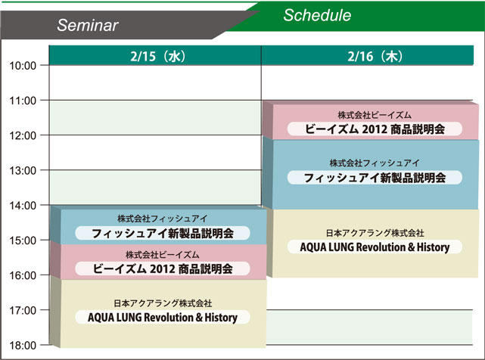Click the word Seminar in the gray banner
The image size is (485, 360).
pos(88,25)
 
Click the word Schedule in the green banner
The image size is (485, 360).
pos(317,15)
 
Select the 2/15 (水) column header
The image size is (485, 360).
pos(157,56)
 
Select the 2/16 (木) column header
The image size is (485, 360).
pos(375,56)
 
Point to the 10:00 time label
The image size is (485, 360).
pos(23,66)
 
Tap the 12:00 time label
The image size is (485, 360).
pos(23,135)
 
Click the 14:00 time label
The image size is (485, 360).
pos(23,206)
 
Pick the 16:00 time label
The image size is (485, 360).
pos(23,275)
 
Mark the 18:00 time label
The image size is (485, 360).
pos(23,345)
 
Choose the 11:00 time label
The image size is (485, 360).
pos(23,101)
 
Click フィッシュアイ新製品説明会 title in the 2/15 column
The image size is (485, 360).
pos(163,233)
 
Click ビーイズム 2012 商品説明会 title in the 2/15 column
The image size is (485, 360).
pos(163,268)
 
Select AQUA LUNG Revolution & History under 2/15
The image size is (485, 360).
pos(163,318)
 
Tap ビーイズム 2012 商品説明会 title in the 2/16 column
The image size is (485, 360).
pos(375,129)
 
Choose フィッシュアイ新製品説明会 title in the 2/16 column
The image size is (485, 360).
pos(375,178)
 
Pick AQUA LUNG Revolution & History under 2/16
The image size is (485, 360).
pos(375,247)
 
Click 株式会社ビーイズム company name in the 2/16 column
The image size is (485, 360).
pos(375,115)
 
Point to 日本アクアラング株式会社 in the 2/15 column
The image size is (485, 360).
pos(163,303)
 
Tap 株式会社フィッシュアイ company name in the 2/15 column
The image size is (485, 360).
pos(163,219)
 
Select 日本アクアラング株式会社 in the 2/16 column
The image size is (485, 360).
pos(375,233)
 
